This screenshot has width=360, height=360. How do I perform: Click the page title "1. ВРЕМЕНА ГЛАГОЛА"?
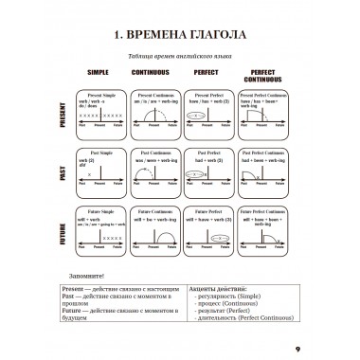[x=180, y=38]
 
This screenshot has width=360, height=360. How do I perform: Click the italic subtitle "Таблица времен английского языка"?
[x=180, y=60]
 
